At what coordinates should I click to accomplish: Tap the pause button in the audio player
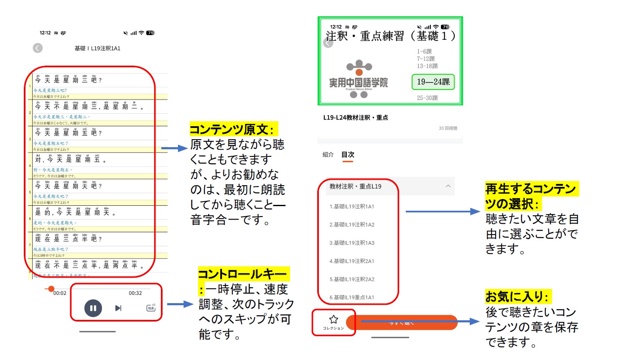(x=93, y=308)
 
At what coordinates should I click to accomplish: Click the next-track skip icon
(x=118, y=308)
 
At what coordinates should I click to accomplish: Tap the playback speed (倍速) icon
(x=151, y=308)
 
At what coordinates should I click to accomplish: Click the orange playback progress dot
(x=51, y=289)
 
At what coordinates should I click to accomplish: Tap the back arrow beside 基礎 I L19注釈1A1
(x=38, y=48)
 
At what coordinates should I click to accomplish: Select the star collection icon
(x=333, y=320)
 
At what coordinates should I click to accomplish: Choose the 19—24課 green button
(x=433, y=82)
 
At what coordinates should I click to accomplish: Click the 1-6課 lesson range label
(x=424, y=51)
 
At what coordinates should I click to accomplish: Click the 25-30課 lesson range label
(x=427, y=98)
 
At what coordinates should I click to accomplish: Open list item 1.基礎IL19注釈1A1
(x=352, y=207)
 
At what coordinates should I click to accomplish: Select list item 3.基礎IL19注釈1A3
(x=352, y=243)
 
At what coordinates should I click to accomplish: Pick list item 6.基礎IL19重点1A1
(x=352, y=298)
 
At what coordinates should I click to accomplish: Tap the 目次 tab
(x=348, y=155)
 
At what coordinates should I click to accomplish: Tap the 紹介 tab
(x=328, y=155)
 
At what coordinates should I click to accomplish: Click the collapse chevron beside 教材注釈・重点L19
(x=448, y=186)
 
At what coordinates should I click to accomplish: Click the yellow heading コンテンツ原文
(x=232, y=129)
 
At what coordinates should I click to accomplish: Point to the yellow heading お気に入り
(x=517, y=296)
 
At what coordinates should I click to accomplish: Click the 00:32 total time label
(x=135, y=293)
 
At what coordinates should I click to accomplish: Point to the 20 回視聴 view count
(x=448, y=128)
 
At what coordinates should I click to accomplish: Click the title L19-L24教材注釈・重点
(x=356, y=117)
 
